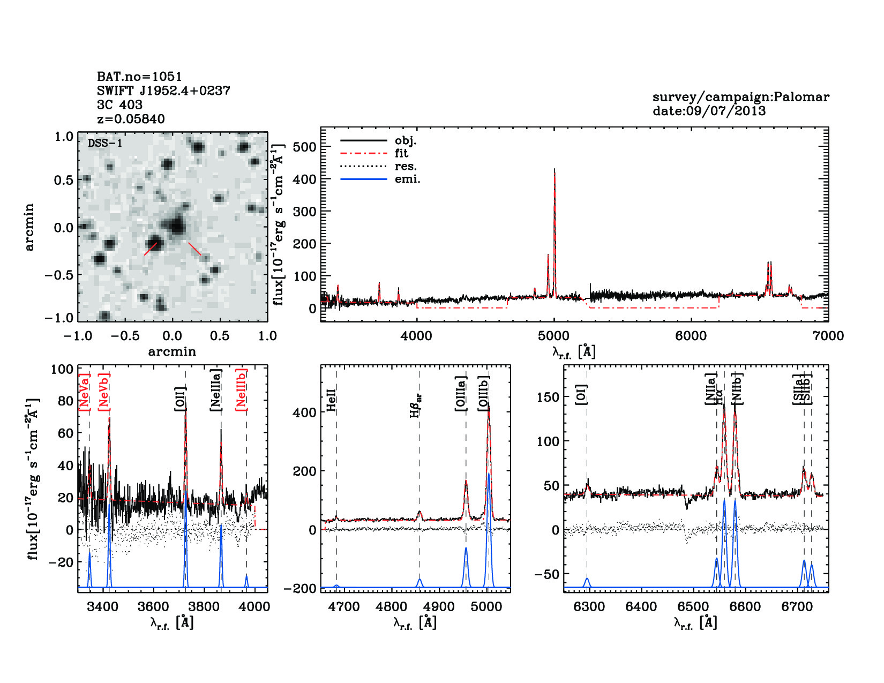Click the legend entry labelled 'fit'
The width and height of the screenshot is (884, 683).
401,153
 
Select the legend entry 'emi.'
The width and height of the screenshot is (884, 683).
407,179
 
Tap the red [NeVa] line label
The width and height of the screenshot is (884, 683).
84,392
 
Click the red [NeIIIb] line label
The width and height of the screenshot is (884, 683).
242,389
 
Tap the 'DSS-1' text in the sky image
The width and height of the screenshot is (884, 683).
105,143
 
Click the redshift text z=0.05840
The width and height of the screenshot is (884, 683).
131,119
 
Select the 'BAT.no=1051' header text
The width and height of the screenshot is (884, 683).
139,77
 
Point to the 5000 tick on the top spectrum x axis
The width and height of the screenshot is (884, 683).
553,336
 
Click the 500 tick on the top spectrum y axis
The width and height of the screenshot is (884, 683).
304,147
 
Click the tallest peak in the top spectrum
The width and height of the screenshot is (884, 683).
555,170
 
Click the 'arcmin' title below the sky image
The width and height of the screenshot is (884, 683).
172,352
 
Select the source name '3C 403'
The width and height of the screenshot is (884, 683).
119,105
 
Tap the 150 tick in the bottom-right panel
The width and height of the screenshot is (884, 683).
548,397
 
